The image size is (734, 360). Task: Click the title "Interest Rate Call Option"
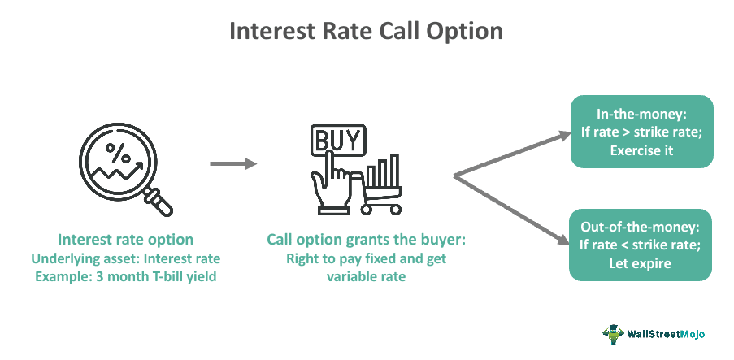point(366,32)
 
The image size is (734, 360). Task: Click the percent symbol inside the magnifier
point(119,151)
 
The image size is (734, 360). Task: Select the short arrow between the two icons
point(232,164)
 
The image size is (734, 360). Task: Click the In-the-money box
point(641,132)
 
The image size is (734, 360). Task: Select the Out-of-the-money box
point(641,245)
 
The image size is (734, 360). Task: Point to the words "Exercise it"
point(641,150)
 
